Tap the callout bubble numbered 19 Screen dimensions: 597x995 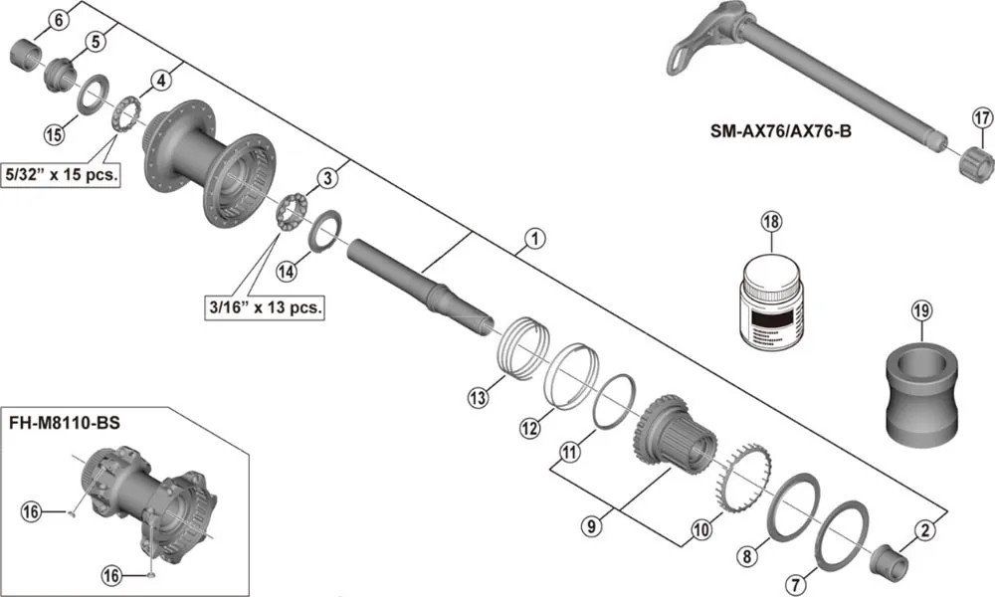920,313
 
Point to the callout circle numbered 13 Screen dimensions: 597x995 478,398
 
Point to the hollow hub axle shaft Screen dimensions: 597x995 418,287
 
